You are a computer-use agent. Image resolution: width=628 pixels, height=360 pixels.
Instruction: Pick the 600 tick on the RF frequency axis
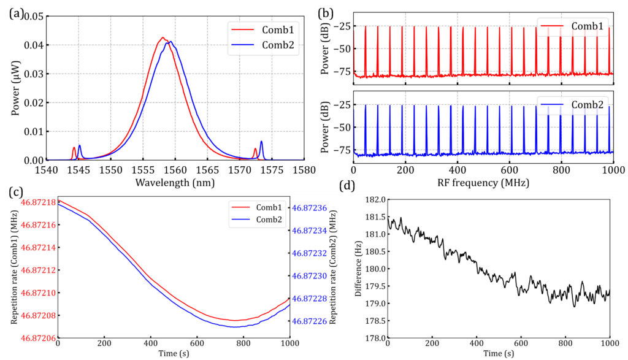pos(510,169)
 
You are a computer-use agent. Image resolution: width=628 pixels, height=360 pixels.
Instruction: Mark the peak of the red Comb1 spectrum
pos(162,37)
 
